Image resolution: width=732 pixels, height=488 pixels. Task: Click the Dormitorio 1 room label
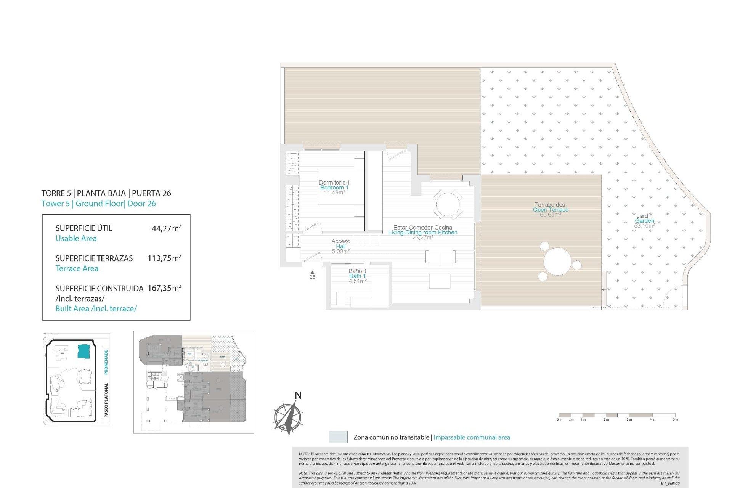pyautogui.click(x=334, y=183)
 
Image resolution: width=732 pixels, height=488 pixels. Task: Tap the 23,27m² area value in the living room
pyautogui.click(x=422, y=238)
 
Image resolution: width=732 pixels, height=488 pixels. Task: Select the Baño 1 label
pyautogui.click(x=357, y=271)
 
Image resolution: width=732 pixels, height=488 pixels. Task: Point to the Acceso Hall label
pyautogui.click(x=340, y=241)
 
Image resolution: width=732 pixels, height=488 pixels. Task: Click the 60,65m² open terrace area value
pyautogui.click(x=550, y=215)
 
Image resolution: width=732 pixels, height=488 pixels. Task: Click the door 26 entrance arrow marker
pyautogui.click(x=312, y=272)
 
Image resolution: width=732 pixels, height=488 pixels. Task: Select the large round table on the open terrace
pyautogui.click(x=557, y=263)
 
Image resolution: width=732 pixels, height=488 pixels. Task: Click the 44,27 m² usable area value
pyautogui.click(x=166, y=229)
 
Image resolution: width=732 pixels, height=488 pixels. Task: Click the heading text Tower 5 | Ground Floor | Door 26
pyautogui.click(x=99, y=204)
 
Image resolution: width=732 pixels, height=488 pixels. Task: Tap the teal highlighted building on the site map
pyautogui.click(x=83, y=351)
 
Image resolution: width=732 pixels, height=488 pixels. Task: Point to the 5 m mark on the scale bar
pyautogui.click(x=675, y=419)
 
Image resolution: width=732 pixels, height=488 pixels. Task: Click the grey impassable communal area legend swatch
pyautogui.click(x=338, y=437)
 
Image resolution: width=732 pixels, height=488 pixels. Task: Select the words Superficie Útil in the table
pyautogui.click(x=84, y=228)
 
